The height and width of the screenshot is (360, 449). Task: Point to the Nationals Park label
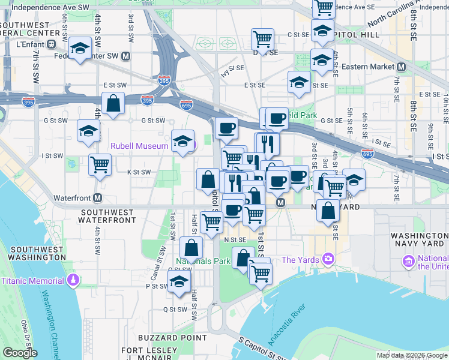[203, 262]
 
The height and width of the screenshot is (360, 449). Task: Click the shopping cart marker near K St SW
[100, 163]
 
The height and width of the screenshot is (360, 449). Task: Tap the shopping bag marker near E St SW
[113, 103]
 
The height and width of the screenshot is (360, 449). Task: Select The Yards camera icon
[328, 260]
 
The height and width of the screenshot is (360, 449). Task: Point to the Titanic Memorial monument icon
[73, 280]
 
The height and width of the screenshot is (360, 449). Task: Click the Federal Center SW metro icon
[126, 56]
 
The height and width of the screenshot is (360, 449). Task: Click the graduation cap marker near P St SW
[179, 281]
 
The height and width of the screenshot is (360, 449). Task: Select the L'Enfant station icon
[52, 45]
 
